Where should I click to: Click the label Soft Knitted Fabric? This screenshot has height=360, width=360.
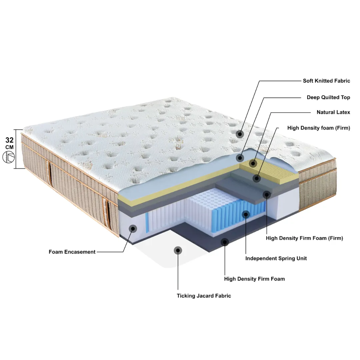click(x=326, y=81)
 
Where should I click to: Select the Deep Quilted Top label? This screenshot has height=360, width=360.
click(x=328, y=97)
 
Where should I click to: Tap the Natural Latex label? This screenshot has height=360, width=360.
click(x=333, y=112)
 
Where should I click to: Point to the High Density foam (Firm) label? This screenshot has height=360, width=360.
click(x=319, y=128)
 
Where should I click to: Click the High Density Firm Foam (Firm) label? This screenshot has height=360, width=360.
click(x=304, y=238)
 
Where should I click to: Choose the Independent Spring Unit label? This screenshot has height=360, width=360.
click(x=276, y=259)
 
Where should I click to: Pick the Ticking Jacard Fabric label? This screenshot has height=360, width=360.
click(x=204, y=296)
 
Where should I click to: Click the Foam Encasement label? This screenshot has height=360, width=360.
click(x=72, y=252)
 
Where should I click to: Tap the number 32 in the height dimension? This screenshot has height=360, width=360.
click(x=9, y=140)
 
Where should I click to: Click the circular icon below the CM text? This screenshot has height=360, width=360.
click(x=8, y=157)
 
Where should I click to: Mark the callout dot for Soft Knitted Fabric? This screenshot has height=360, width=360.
click(x=240, y=134)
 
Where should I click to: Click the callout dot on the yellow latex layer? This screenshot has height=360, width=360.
click(x=253, y=163)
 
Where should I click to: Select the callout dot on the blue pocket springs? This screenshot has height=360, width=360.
click(x=246, y=215)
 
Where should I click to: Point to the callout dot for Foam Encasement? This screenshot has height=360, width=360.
click(x=133, y=228)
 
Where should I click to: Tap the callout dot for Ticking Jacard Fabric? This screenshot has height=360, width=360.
click(x=178, y=250)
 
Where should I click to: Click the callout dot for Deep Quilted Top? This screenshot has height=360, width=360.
click(x=240, y=158)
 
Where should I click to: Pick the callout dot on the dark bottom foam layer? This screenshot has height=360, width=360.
click(x=225, y=242)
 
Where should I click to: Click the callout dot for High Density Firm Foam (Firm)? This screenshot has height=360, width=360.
click(x=267, y=195)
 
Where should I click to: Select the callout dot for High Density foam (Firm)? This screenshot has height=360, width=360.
click(x=257, y=178)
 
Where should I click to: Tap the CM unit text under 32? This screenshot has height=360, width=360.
click(x=9, y=147)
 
